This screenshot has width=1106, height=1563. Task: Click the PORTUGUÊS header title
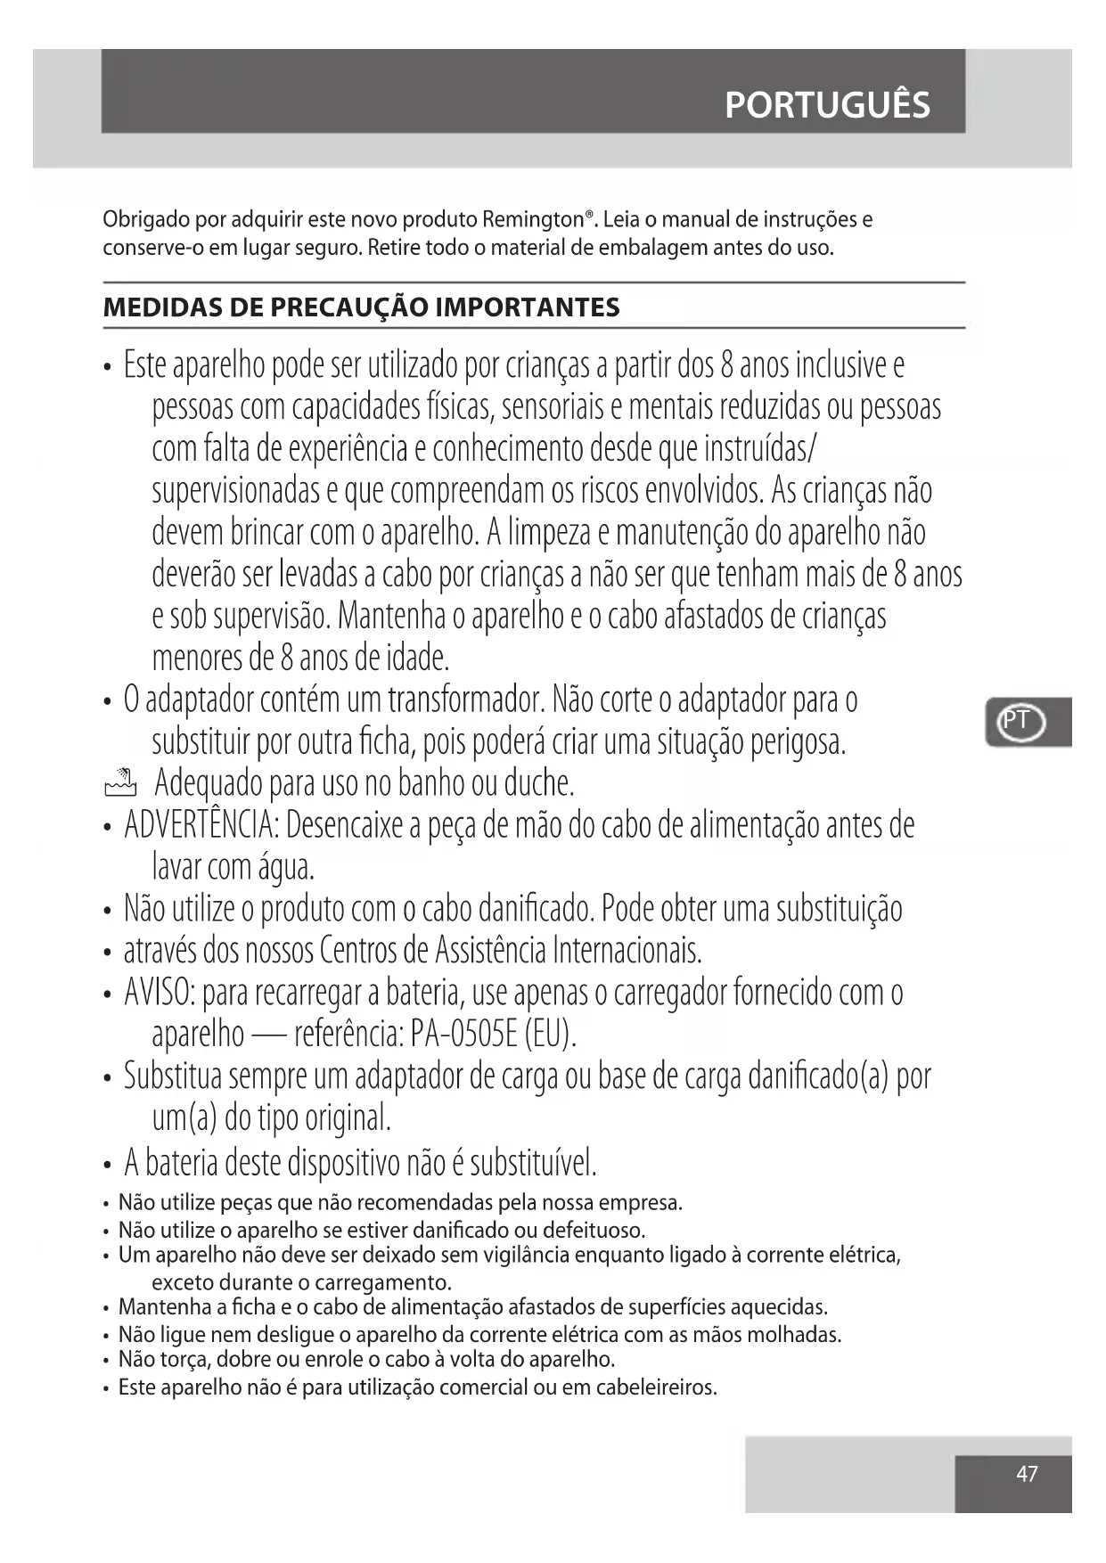click(x=827, y=105)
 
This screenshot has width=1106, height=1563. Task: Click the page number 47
click(x=1027, y=1474)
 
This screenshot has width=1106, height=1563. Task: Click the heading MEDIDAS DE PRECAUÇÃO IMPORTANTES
click(x=361, y=307)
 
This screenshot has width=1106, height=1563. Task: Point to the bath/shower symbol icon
click(x=120, y=782)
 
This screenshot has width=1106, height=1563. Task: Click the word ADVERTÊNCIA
click(x=201, y=825)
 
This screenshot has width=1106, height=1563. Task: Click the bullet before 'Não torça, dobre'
click(x=107, y=1362)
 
